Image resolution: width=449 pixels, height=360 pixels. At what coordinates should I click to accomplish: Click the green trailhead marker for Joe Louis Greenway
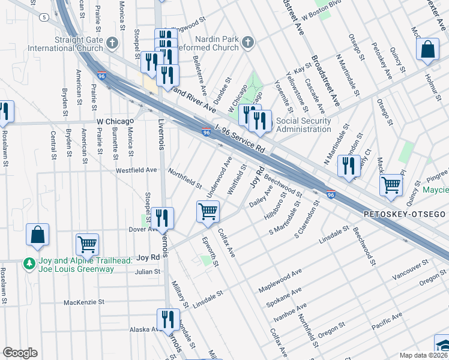point(28,263)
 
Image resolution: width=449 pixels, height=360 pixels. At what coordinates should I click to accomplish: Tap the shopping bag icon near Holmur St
point(428,51)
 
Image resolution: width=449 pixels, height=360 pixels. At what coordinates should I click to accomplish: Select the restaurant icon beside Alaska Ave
point(167,319)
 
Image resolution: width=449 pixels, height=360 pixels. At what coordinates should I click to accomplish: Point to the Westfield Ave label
point(136,170)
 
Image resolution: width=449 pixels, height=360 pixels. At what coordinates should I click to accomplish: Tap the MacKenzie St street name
point(84,302)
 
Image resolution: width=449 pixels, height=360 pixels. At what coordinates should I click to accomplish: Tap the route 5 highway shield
point(44,17)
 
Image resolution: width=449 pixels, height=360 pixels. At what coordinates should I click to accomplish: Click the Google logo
point(20,353)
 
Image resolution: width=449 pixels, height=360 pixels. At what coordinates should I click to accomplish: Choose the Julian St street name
point(148,272)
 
